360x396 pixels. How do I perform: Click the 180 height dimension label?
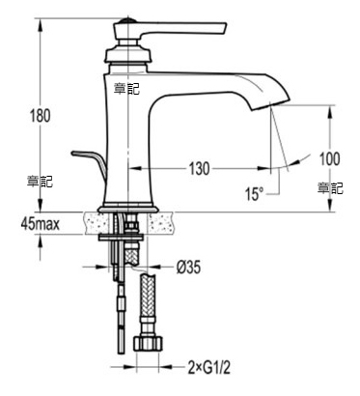click(41, 116)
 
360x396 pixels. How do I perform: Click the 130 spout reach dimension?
click(199, 169)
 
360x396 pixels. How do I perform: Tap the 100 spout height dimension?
click(330, 158)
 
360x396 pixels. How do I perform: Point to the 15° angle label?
click(255, 194)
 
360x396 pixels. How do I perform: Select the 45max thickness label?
click(41, 223)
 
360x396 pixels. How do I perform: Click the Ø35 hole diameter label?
click(188, 267)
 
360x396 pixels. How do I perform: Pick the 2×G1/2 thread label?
click(209, 368)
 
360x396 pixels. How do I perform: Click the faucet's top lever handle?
click(174, 28)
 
